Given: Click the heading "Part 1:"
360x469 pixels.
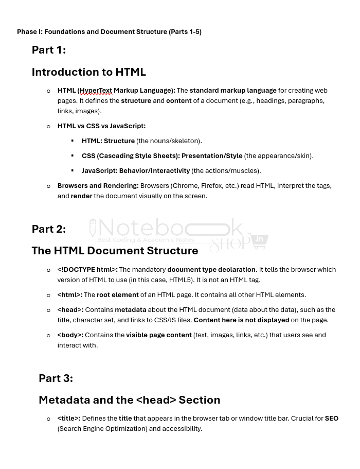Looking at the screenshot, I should point(49,50).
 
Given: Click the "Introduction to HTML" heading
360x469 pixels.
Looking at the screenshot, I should point(88,72).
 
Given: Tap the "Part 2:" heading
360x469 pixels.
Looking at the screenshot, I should point(49,229).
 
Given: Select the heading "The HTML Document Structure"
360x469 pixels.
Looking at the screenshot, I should point(115,251).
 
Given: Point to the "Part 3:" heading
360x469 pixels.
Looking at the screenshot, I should point(56,378).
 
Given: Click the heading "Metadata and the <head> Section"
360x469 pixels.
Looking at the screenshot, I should point(129,400).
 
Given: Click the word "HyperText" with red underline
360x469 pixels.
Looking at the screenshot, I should point(96,91).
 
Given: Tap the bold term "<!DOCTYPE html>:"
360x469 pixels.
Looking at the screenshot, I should point(87,270).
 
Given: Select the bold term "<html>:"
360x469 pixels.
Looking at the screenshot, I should point(70,295).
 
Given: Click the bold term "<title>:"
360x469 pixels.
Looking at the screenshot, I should point(69,419).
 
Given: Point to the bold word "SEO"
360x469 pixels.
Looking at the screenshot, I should point(331,419).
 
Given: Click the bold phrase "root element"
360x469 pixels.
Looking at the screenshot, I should point(117,295).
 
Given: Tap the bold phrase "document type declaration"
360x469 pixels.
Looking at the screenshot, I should point(211,270).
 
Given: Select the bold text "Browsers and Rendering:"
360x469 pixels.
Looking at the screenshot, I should point(98,186).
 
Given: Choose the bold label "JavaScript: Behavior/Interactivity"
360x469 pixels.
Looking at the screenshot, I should point(136,171).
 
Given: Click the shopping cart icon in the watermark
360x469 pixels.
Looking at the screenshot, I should point(259,241).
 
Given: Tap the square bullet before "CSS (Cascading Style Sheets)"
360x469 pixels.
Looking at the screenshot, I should point(73,155).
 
